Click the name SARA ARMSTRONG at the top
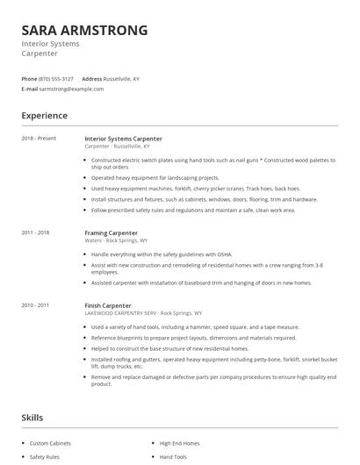pos(84,31)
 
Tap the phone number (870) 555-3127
pos(57,79)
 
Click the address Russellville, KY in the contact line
pos(121,79)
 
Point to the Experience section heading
pos(45,115)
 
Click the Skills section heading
pos(33,417)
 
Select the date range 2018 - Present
pos(39,139)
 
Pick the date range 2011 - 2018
pos(35,232)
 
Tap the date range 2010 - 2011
pos(35,304)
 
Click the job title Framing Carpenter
pos(111,232)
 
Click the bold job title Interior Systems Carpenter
pos(123,139)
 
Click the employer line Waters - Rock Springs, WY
pos(116,240)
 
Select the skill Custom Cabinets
pos(50,443)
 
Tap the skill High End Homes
pos(180,443)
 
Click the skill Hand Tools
pos(174,457)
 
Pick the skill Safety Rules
pos(44,457)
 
